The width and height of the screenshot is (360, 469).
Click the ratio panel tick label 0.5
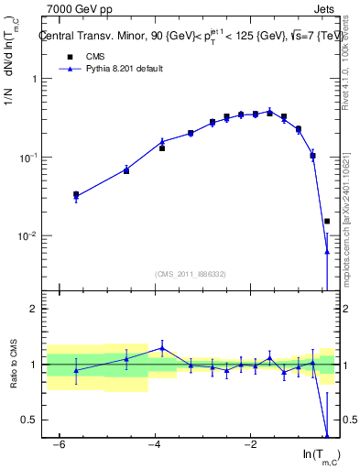coord(35,420)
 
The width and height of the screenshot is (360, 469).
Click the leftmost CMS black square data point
coord(76,194)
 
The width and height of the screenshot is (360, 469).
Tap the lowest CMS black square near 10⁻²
coord(327,221)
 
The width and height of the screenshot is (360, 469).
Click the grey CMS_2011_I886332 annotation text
coord(191,273)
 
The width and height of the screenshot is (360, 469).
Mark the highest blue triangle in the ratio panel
coord(162,348)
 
